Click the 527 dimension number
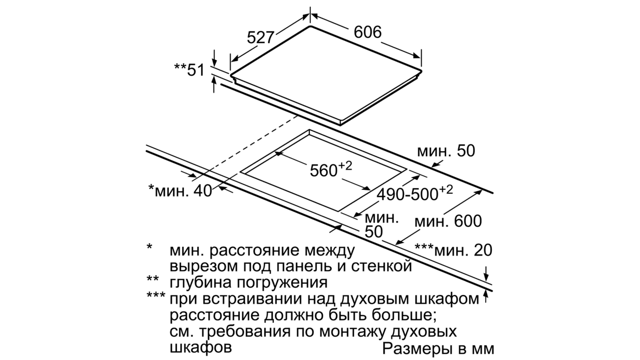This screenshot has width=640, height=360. click(260, 38)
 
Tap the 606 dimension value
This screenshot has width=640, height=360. click(368, 32)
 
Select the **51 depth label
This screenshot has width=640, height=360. click(190, 70)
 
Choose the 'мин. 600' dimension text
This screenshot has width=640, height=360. click(448, 221)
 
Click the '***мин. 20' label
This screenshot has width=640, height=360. click(454, 250)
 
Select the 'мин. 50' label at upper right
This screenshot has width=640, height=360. click(446, 151)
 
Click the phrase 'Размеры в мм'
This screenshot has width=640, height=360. click(438, 348)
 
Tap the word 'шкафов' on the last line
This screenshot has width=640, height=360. click(200, 348)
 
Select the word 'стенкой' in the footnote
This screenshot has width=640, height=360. click(381, 266)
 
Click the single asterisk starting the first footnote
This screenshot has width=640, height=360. click(150, 246)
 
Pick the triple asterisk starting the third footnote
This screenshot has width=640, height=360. click(156, 295)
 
